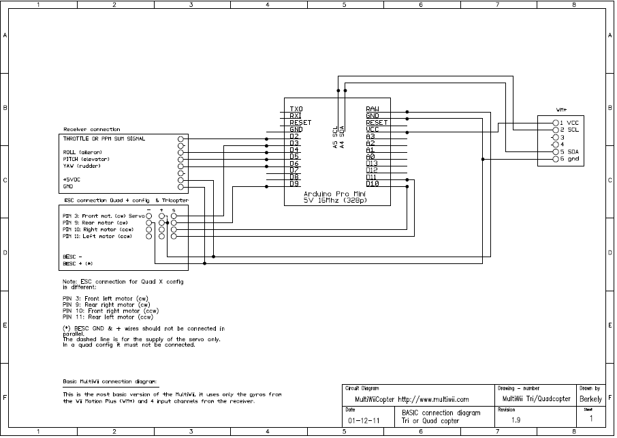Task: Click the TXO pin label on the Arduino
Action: pos(296,109)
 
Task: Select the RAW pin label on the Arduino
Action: pos(373,109)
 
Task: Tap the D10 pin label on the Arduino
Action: pos(373,184)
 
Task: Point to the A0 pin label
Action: pos(370,156)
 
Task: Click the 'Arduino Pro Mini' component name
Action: pos(337,193)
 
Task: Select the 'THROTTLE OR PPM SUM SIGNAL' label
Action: pos(104,138)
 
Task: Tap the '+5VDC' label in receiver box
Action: pos(72,179)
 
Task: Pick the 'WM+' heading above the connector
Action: pos(562,109)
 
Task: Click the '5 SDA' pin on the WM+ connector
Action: pos(569,151)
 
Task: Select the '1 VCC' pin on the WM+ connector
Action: pos(569,122)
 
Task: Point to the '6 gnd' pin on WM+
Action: pos(569,159)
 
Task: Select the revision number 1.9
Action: pos(516,420)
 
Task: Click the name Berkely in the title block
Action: pos(590,398)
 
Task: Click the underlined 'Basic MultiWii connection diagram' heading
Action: pos(110,381)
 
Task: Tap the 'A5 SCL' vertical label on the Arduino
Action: pos(335,136)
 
